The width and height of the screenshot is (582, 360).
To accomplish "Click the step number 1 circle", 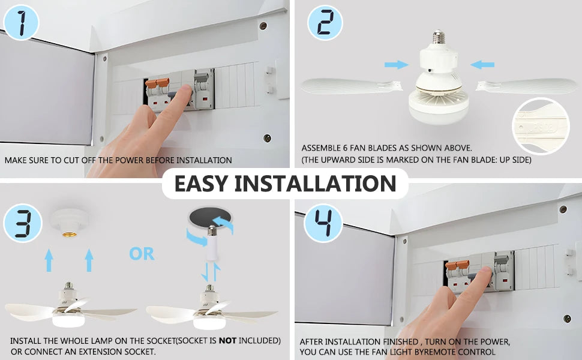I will point(21,23).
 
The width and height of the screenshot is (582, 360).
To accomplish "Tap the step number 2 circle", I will point(325,23).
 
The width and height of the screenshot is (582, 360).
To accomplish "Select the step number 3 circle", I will point(22,224).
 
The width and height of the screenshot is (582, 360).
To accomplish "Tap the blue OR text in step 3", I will point(142,254).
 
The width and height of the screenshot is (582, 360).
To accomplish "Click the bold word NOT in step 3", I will point(227,340).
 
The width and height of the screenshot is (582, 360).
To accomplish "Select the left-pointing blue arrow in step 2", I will point(482,64).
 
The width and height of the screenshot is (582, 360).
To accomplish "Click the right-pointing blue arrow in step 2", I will point(396,64).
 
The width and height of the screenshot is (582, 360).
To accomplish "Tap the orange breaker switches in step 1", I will point(157,85).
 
